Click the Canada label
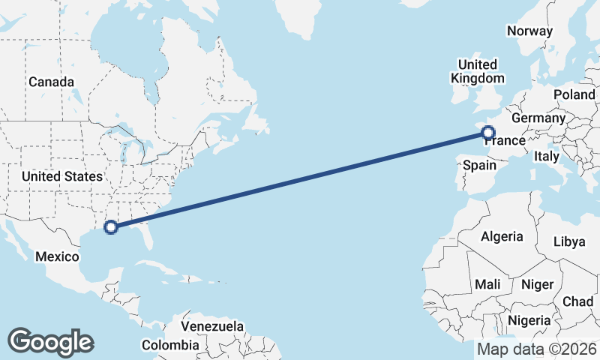tap(51, 82)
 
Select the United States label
tap(62, 176)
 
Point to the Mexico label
tap(58, 256)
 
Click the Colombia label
tap(171, 345)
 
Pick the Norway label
tap(529, 31)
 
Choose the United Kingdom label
tap(477, 71)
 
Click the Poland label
tap(574, 94)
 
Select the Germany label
tap(538, 118)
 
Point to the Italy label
tap(547, 156)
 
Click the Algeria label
tap(502, 236)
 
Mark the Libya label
tap(568, 241)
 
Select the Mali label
tap(487, 284)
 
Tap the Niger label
tap(536, 284)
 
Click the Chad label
tap(577, 301)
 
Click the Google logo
tap(50, 342)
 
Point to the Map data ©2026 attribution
tap(536, 349)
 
